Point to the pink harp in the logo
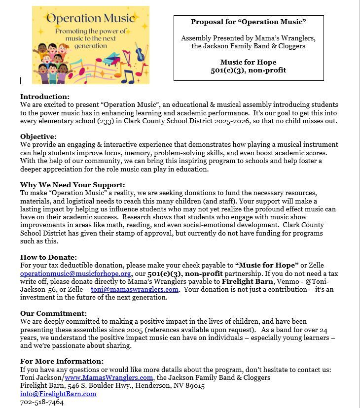[x=128, y=57]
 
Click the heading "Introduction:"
[x=45, y=97]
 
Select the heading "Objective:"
[x=38, y=136]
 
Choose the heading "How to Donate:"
[x=48, y=257]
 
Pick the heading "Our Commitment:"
[x=53, y=313]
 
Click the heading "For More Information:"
[x=62, y=362]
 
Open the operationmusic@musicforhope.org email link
[x=75, y=273]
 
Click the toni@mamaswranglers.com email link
[x=135, y=289]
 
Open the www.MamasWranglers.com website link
[x=108, y=377]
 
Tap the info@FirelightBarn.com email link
[x=58, y=394]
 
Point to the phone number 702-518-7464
[x=42, y=402]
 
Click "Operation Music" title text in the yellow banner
[x=90, y=18]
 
